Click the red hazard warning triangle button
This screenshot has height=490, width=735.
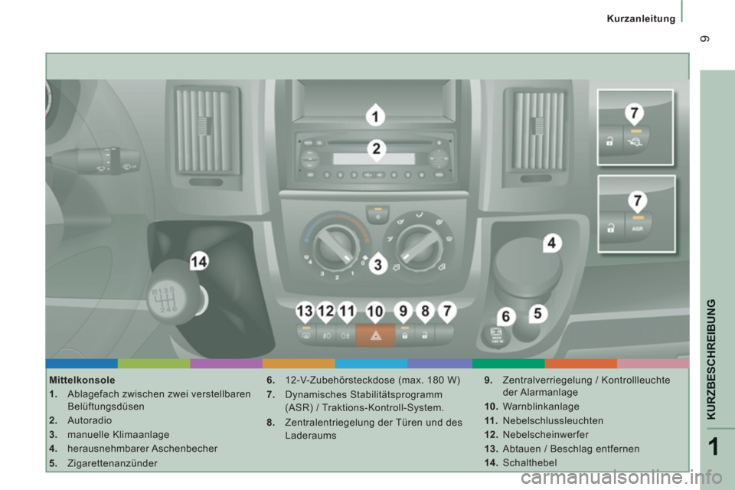coord(375,335)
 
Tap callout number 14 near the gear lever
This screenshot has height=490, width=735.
coord(199,261)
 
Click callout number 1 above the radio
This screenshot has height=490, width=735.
coord(375,116)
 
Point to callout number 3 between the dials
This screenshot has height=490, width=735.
coord(377,264)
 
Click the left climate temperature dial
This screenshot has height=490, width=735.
coord(335,245)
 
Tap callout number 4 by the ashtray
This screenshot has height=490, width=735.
coord(551,243)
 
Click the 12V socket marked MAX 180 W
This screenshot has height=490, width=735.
coord(496,336)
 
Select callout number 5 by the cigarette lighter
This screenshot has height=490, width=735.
coord(537,313)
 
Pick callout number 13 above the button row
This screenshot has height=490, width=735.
coord(305,312)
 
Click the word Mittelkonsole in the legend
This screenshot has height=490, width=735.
coord(82,380)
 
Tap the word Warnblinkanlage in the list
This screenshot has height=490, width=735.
coord(541,406)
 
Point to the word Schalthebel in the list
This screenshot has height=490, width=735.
coord(530,462)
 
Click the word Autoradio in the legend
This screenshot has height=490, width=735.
coord(90,420)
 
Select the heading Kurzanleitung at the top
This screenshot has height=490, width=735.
coord(641,18)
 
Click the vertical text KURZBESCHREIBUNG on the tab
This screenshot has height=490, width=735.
coord(711,359)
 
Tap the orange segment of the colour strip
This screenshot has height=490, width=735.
coord(299,364)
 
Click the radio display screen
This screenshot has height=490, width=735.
coord(374,158)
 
